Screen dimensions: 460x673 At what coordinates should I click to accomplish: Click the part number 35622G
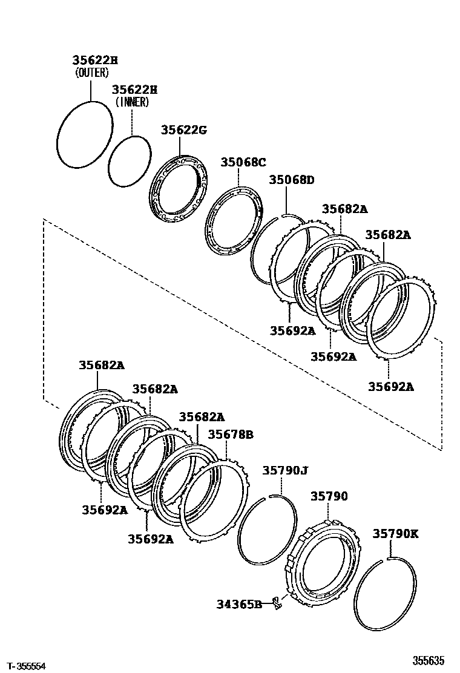point(183,130)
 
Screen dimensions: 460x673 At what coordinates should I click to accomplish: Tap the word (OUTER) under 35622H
point(92,73)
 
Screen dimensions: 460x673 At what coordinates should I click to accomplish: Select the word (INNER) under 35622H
point(131,102)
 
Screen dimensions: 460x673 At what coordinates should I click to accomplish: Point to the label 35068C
point(243,162)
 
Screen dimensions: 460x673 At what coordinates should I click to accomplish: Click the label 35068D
point(292,180)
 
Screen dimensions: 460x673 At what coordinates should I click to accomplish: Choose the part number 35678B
point(230,434)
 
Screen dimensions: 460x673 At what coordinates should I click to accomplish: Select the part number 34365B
point(239,603)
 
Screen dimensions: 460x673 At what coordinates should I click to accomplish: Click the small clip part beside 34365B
point(277,602)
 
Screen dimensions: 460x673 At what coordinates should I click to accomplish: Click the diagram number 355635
point(429,660)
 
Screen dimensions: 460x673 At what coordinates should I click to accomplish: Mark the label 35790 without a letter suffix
point(329,496)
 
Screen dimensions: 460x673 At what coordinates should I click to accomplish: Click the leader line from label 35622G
point(180,146)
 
